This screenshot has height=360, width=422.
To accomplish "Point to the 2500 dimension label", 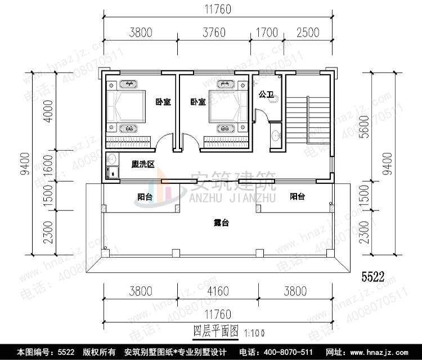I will click(x=306, y=33).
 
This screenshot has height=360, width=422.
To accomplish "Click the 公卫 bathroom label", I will click(x=266, y=95).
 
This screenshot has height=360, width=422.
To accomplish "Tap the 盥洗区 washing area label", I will click(x=143, y=165).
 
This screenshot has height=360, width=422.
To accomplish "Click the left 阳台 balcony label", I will click(x=145, y=197).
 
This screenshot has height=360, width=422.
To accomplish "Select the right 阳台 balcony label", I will click(x=297, y=197).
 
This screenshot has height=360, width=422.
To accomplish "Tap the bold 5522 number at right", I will click(x=372, y=277).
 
